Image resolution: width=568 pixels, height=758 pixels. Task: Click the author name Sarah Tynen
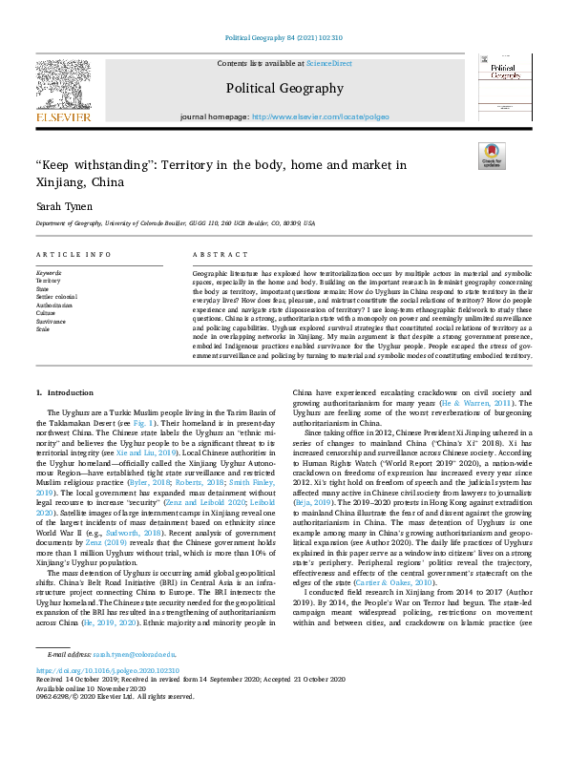(61, 204)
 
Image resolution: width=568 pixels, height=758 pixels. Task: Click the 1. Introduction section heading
(65, 393)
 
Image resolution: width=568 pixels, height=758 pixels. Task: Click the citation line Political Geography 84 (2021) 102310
(284, 38)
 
